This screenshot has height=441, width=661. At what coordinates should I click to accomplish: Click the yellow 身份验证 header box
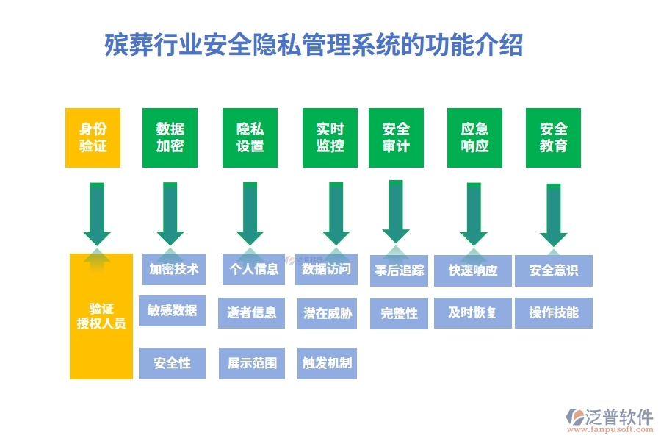click(x=93, y=137)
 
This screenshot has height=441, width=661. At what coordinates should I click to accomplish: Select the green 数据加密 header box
click(x=170, y=137)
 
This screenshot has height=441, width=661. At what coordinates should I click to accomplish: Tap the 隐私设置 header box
click(x=250, y=137)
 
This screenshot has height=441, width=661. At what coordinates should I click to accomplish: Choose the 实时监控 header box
click(x=330, y=137)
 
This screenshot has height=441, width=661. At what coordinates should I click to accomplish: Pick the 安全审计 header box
click(x=396, y=137)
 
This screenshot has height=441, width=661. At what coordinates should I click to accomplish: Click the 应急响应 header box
click(x=474, y=137)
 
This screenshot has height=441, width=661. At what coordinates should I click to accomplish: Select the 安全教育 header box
click(x=553, y=137)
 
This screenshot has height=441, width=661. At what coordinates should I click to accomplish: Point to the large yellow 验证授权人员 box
click(x=101, y=316)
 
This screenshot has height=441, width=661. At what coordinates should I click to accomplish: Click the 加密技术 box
click(x=174, y=269)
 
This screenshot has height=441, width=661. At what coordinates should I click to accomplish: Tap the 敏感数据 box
click(x=172, y=311)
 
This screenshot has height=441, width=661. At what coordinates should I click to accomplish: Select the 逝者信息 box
click(x=252, y=313)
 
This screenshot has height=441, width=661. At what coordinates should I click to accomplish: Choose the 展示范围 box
click(x=252, y=363)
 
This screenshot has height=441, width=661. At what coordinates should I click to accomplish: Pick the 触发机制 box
click(x=328, y=363)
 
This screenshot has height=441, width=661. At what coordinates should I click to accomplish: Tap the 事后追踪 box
click(x=400, y=270)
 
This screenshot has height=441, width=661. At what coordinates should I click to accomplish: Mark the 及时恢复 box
click(x=473, y=313)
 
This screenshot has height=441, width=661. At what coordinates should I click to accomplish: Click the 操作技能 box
click(x=554, y=313)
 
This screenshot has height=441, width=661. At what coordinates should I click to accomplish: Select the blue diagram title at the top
click(x=314, y=44)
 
